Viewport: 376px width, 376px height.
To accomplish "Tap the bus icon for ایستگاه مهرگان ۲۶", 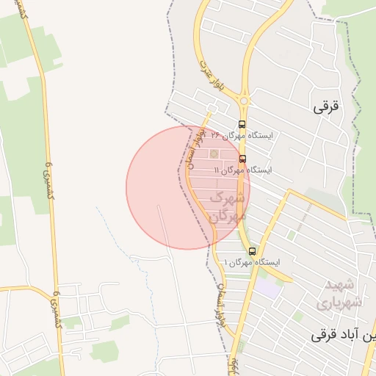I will [x=242, y=124].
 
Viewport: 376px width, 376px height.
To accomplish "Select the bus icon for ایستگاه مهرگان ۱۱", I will [x=242, y=158].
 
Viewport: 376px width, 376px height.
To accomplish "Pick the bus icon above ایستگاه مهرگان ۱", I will [x=253, y=250].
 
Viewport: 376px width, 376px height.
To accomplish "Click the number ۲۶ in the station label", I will [x=216, y=136].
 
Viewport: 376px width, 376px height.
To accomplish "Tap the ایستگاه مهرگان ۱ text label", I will [x=253, y=262].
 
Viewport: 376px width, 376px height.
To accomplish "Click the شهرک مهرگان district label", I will [x=225, y=207].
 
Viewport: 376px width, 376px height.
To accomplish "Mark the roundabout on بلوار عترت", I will [x=244, y=101].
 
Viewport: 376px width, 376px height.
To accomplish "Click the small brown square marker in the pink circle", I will [x=214, y=153].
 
